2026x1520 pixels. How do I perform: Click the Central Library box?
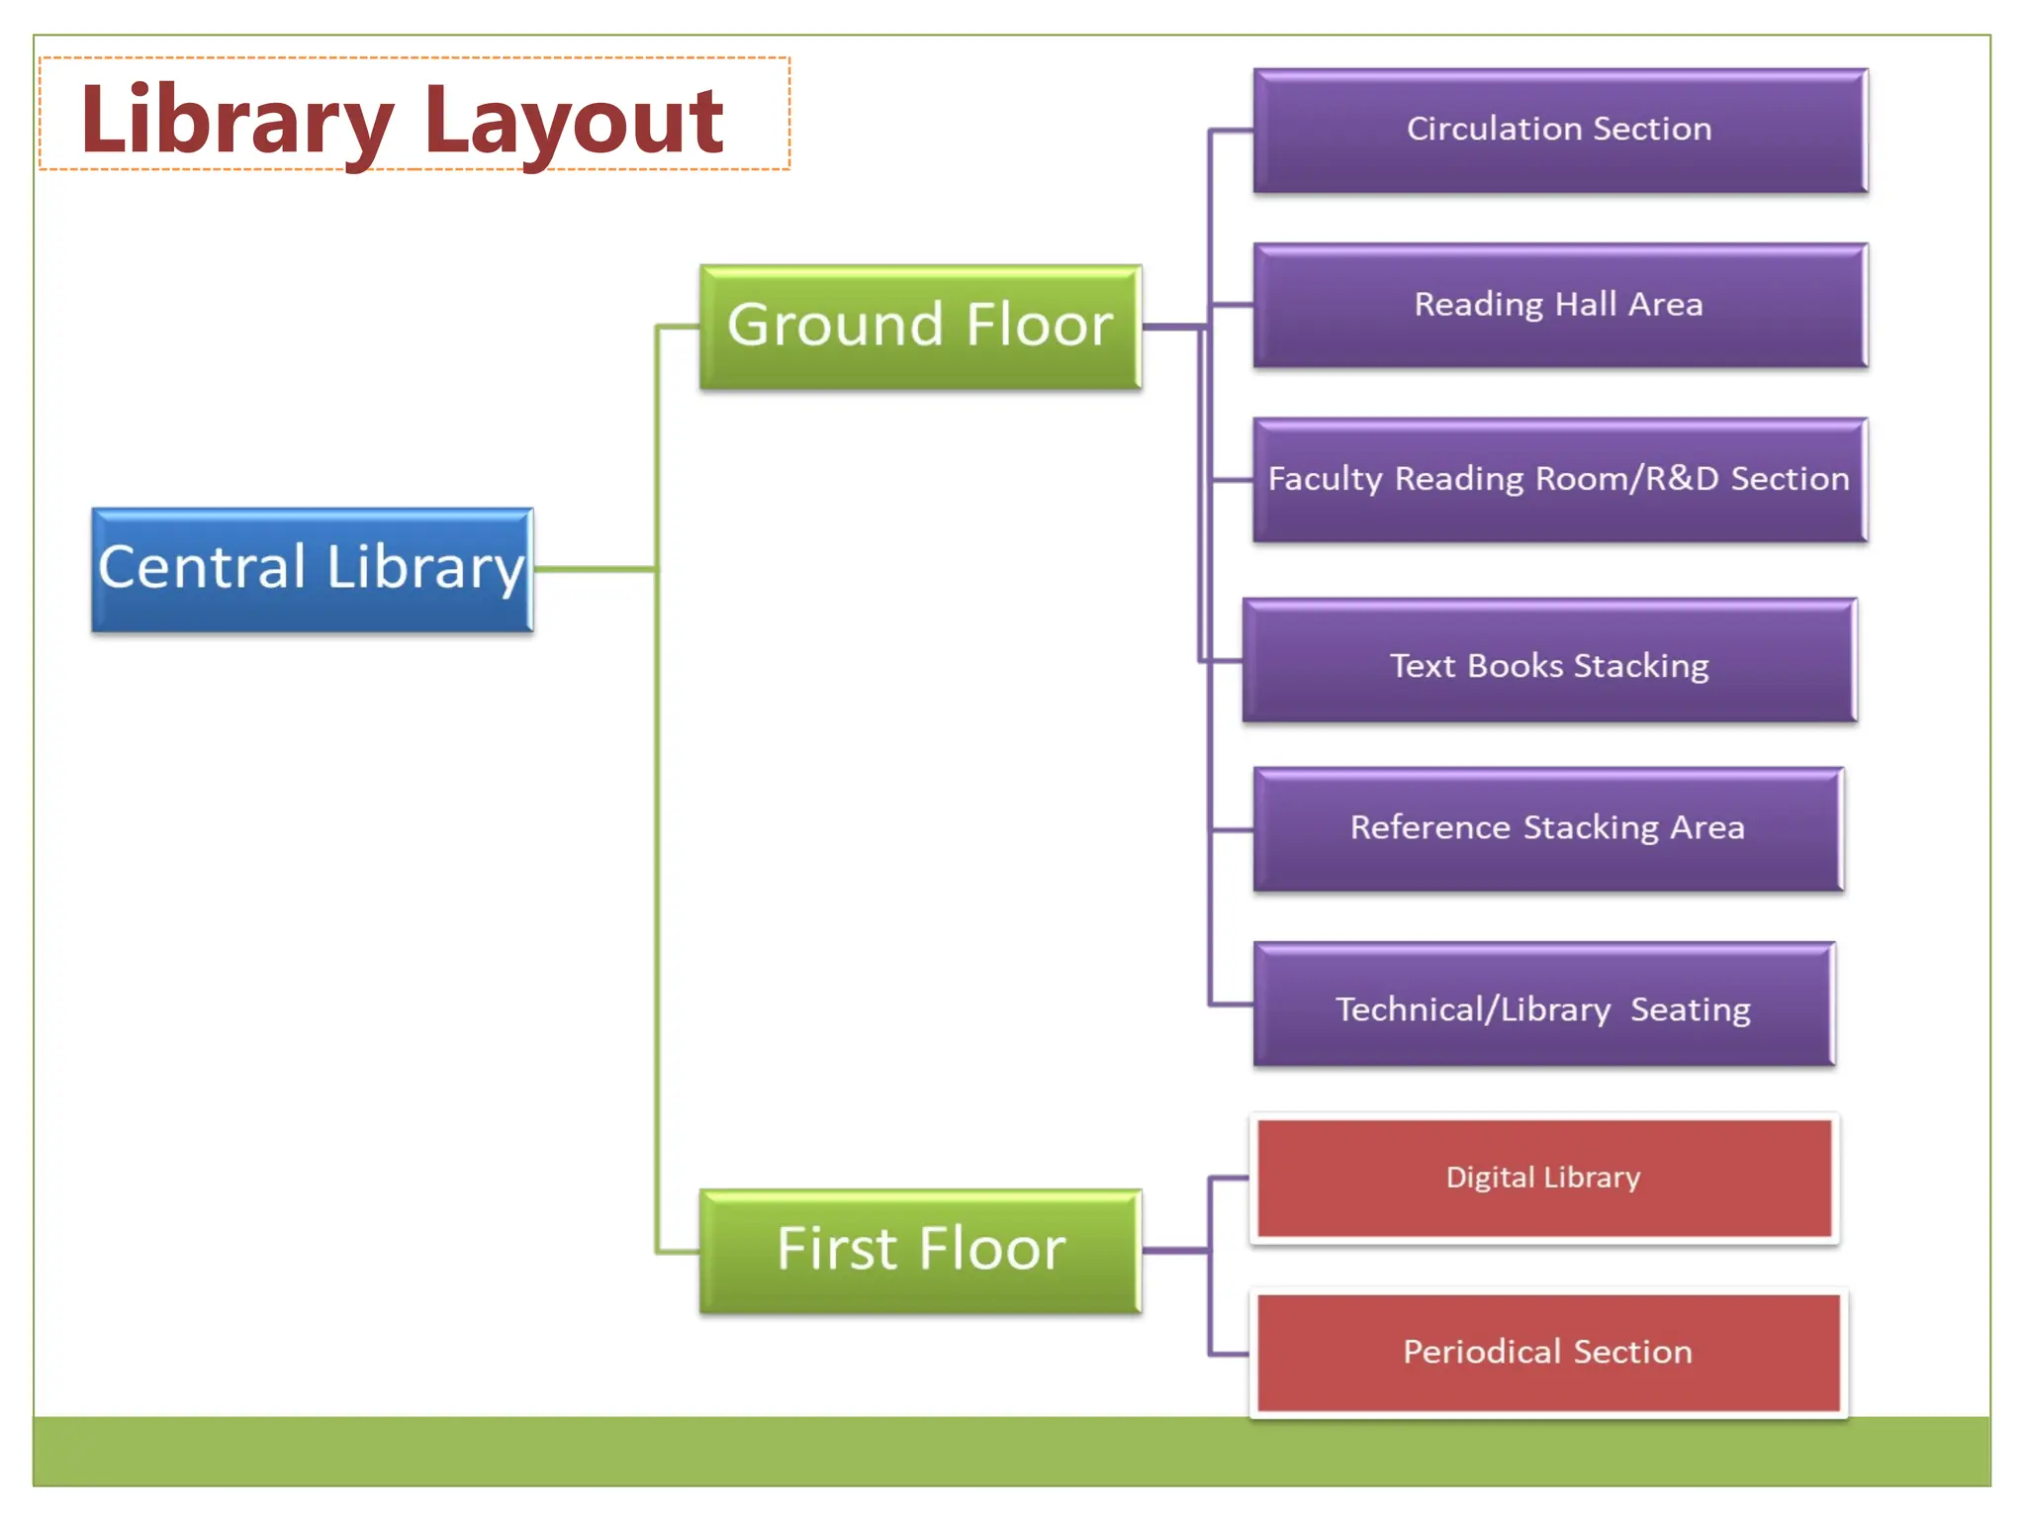(313, 570)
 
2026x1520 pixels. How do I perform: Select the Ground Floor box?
(920, 327)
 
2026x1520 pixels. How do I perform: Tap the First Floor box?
(920, 1251)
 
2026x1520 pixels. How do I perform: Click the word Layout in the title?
(574, 121)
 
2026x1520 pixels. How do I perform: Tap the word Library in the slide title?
(237, 121)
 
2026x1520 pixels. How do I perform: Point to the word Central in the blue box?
(203, 567)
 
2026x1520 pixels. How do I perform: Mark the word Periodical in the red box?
(1481, 1352)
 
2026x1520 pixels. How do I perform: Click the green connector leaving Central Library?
(594, 569)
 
